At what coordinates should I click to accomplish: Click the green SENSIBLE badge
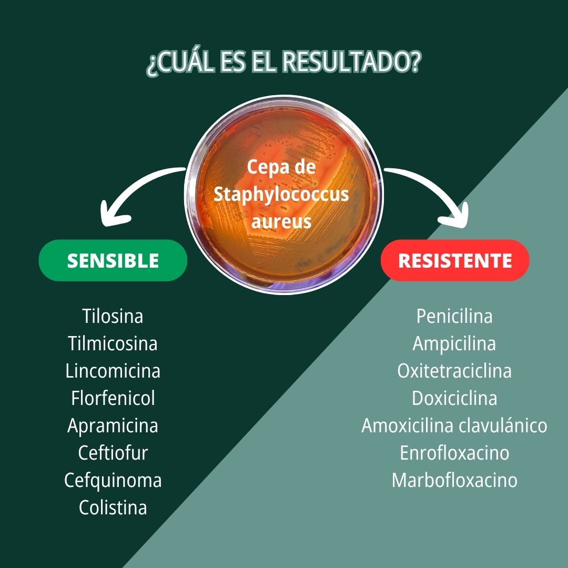(113, 260)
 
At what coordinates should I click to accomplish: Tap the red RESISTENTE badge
(454, 260)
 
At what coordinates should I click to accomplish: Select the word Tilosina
(113, 316)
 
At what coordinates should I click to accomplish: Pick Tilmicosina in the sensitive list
(113, 343)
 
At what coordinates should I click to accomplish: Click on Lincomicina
(113, 371)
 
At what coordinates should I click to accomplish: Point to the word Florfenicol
(113, 398)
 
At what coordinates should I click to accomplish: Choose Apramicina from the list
(113, 425)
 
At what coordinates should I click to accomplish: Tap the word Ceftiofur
(113, 453)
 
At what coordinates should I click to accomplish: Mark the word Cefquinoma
(113, 480)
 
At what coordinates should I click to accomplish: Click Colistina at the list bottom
(113, 508)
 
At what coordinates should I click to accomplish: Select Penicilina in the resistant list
(454, 316)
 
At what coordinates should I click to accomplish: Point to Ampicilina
(454, 343)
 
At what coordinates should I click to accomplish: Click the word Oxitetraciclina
(454, 371)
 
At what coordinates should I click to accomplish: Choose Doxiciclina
(454, 398)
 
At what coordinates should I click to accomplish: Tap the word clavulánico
(503, 425)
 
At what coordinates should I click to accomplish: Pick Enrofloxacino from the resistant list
(454, 453)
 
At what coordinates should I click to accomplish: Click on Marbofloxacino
(454, 480)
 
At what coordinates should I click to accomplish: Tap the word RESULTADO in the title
(351, 62)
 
